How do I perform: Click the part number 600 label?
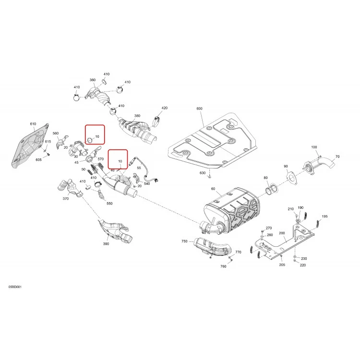tap(199, 108)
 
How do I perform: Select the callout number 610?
tap(33, 124)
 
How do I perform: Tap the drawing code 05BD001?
tap(15, 287)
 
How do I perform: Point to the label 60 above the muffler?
tap(213, 189)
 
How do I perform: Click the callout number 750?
tap(184, 241)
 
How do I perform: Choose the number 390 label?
tap(106, 244)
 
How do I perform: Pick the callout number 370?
tap(66, 199)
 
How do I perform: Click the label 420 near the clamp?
tap(165, 108)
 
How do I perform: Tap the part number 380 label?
tap(137, 116)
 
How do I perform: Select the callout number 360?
tap(93, 80)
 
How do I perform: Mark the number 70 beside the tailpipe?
tap(337, 156)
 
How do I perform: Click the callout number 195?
tap(324, 216)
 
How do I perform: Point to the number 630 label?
tap(203, 173)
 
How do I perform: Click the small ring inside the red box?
tap(90, 140)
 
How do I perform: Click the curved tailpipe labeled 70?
tap(319, 164)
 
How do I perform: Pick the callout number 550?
tap(109, 204)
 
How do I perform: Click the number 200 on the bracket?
tap(282, 233)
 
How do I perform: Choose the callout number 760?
tap(223, 266)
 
